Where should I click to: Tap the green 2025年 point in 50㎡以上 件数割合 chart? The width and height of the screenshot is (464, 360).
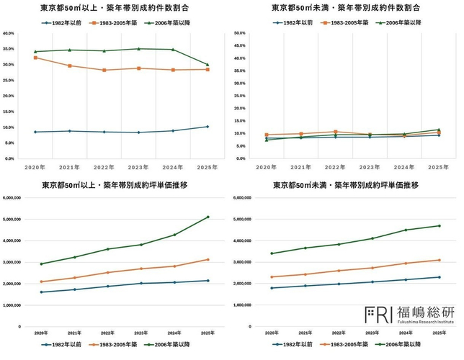click(x=208, y=65)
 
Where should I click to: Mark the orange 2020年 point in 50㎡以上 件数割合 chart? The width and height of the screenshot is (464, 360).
click(x=35, y=58)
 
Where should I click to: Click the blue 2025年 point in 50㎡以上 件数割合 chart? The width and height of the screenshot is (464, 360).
click(x=208, y=127)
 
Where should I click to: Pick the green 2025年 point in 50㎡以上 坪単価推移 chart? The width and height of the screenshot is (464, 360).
click(x=208, y=217)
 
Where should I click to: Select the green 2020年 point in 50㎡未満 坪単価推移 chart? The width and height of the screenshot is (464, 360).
click(x=272, y=253)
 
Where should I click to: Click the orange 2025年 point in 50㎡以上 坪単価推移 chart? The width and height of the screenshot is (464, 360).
click(x=208, y=259)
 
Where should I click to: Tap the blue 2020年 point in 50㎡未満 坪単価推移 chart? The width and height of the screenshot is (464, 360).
click(x=272, y=288)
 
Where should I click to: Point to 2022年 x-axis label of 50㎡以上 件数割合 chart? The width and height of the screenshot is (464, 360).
click(x=104, y=166)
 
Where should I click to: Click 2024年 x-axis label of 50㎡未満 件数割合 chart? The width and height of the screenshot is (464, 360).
click(x=403, y=166)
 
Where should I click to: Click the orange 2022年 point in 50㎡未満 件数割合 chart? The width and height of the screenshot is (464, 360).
click(x=336, y=132)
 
